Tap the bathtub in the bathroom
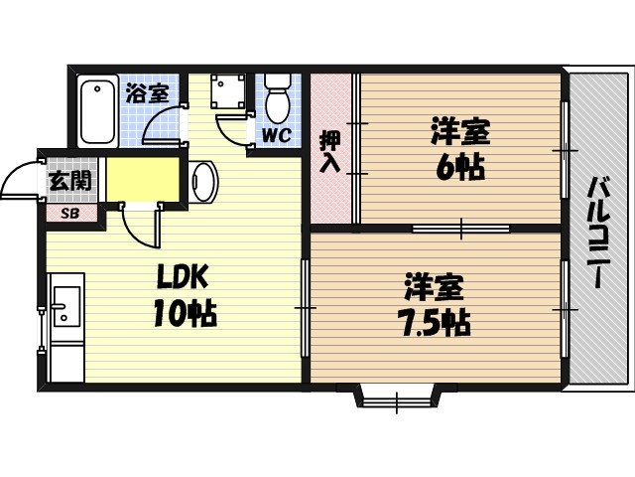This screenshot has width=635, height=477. point(97,111)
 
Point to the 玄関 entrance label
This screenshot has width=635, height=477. point(69,181)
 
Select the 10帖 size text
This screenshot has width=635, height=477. point(185,314)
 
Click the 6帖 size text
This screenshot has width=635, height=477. point(460,167)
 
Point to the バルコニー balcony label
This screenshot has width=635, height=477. point(597,231)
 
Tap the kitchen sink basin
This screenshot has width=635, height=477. point(65,305)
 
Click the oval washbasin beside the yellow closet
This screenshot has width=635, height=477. point(203,182)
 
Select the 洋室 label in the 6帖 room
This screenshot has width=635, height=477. point(460,131)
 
